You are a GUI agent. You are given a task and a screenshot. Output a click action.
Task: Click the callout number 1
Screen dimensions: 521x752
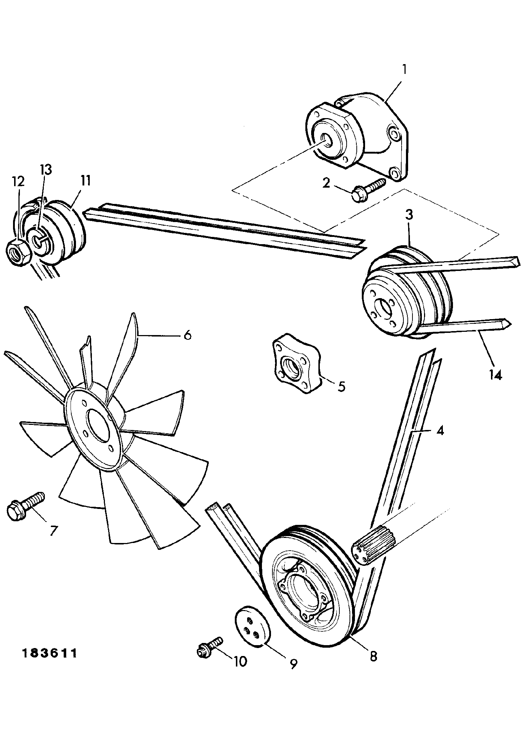[x=404, y=69]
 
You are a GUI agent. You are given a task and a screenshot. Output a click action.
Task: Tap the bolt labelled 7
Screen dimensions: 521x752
[x=25, y=506]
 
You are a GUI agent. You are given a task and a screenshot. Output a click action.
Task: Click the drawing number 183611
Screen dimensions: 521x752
[x=50, y=654]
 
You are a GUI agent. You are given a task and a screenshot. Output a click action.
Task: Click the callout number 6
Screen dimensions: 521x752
[x=187, y=335]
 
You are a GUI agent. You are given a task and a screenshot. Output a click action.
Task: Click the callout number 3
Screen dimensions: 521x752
[x=409, y=215]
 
